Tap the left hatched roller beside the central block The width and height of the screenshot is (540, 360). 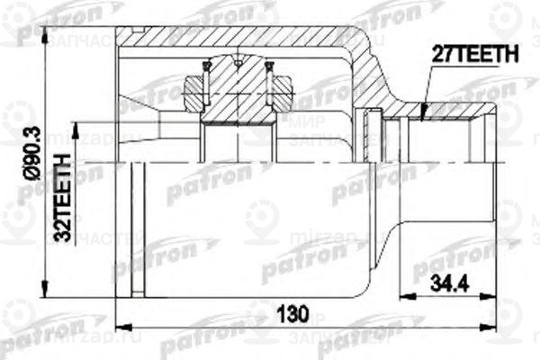pyautogui.click(x=196, y=89)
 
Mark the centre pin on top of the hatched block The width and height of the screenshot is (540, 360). pyautogui.click(x=238, y=63)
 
